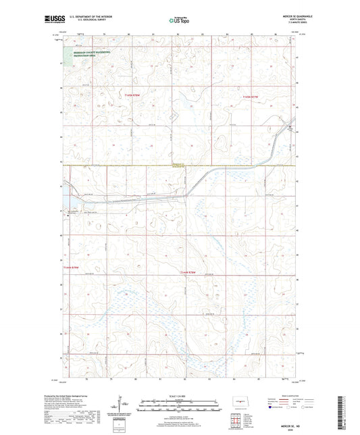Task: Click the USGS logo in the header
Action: pos(51,18)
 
